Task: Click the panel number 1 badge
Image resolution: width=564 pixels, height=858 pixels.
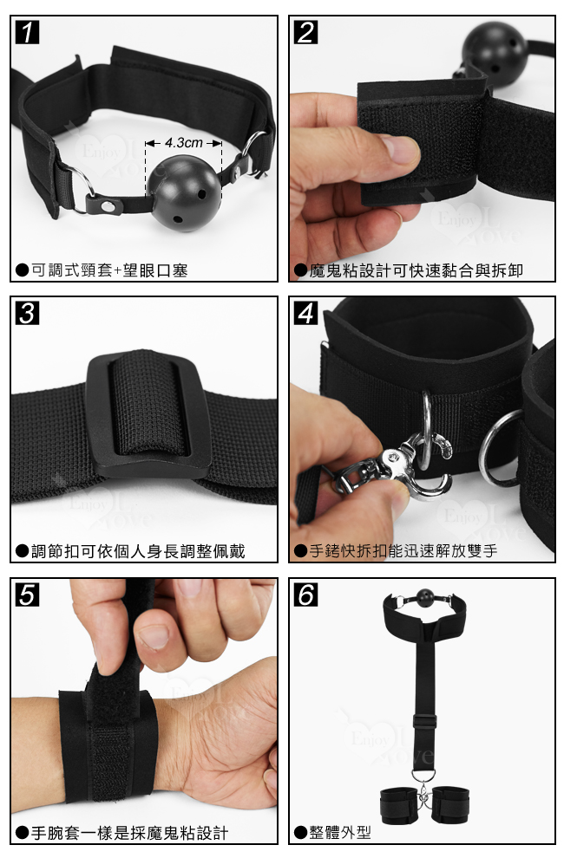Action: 27,32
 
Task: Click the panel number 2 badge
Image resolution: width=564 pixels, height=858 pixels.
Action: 305,32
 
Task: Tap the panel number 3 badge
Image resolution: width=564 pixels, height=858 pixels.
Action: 27,313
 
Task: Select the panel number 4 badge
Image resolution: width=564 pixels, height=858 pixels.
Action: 305,313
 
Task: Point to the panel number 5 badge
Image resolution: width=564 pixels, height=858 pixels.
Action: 27,595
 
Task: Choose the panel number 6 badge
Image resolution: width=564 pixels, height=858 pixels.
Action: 305,595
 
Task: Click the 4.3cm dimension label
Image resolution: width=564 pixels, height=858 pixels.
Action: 184,143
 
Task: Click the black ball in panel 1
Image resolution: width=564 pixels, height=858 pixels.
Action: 184,192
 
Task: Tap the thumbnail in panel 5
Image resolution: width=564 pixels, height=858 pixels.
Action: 154,637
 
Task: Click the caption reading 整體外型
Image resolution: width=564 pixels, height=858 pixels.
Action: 332,833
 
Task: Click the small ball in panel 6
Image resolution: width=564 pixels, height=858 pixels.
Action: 425,598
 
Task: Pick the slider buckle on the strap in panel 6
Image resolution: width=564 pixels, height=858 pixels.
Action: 425,721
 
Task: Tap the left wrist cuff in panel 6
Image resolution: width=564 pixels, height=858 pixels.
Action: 398,803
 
